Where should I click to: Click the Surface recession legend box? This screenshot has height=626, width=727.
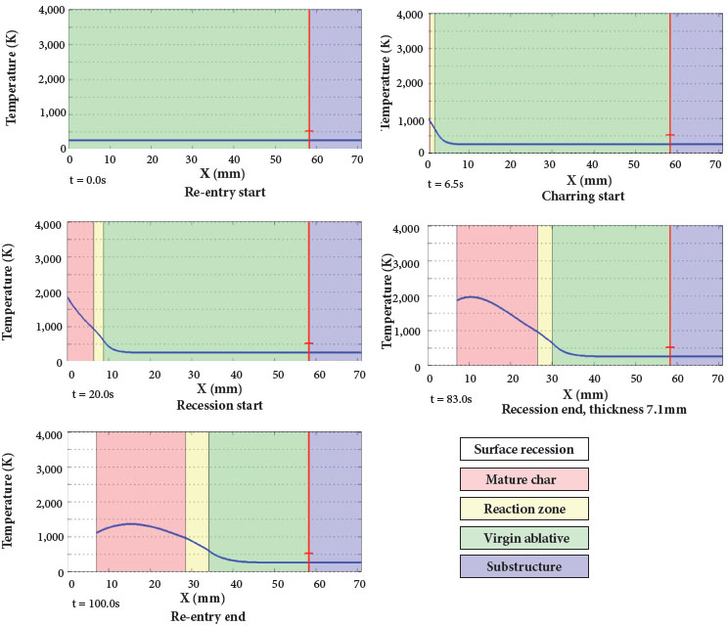pyautogui.click(x=523, y=450)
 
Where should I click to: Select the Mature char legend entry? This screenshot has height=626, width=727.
pyautogui.click(x=523, y=479)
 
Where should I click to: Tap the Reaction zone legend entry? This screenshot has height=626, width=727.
pyautogui.click(x=523, y=509)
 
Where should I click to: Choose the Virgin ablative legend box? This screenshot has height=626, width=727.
pyautogui.click(x=523, y=538)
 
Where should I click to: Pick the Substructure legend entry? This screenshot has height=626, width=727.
pyautogui.click(x=523, y=567)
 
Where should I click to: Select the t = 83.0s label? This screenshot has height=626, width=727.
pyautogui.click(x=452, y=398)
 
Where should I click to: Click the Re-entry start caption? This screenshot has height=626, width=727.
pyautogui.click(x=225, y=192)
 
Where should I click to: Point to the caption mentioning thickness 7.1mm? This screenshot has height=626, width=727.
pyautogui.click(x=594, y=410)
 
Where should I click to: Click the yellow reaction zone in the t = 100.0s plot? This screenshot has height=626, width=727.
pyautogui.click(x=197, y=499)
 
